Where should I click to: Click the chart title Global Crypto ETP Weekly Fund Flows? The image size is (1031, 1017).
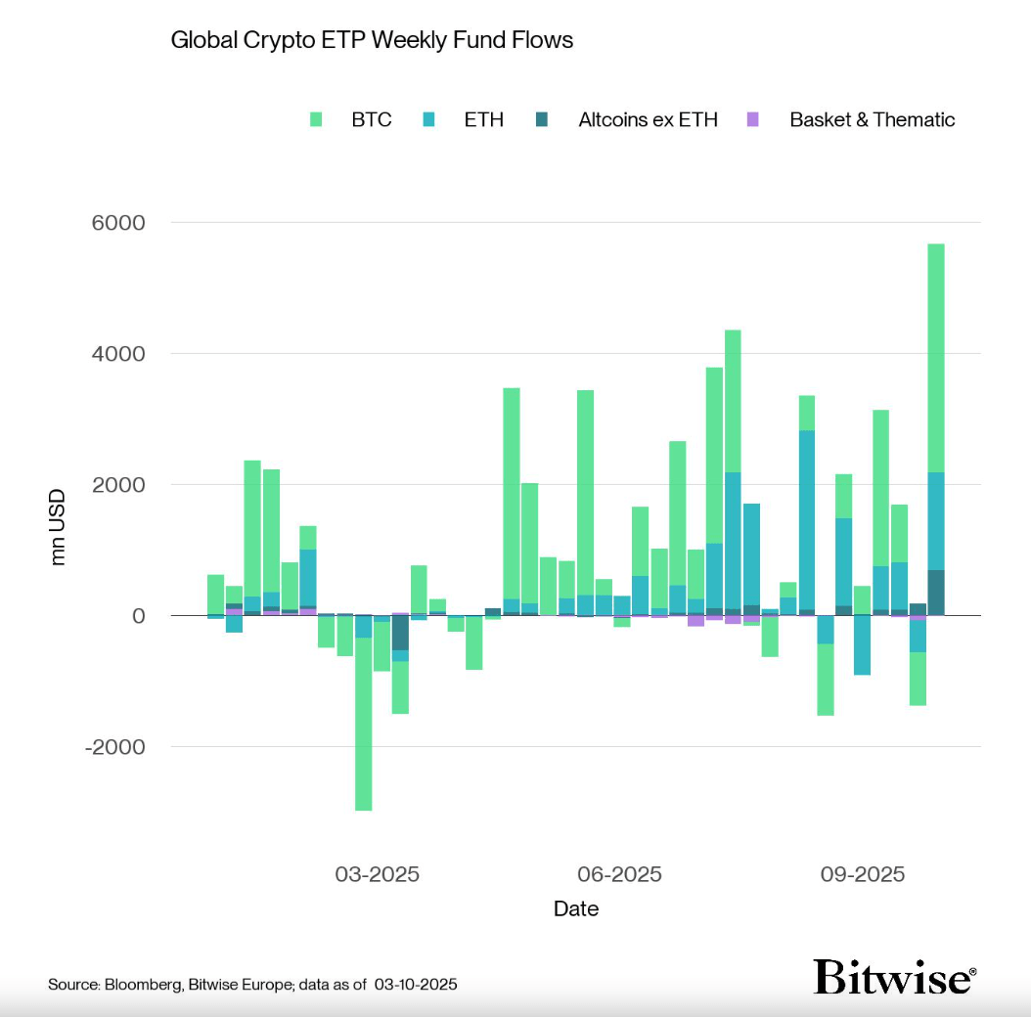pyautogui.click(x=372, y=40)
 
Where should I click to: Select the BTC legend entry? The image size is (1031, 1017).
pyautogui.click(x=371, y=120)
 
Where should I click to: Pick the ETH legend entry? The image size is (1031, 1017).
pyautogui.click(x=483, y=120)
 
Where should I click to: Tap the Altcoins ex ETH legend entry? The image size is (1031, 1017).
pyautogui.click(x=648, y=120)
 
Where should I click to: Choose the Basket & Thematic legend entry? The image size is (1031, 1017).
pyautogui.click(x=872, y=120)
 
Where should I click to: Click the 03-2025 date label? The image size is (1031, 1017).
pyautogui.click(x=377, y=874)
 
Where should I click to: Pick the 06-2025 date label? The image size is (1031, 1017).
pyautogui.click(x=619, y=874)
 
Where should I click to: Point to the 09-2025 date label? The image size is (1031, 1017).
pyautogui.click(x=862, y=874)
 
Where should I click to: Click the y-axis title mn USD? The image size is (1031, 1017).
pyautogui.click(x=59, y=527)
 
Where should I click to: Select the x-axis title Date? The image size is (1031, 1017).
pyautogui.click(x=576, y=908)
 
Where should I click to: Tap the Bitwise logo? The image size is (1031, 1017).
pyautogui.click(x=894, y=976)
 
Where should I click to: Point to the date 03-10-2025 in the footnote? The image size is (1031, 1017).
pyautogui.click(x=415, y=984)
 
